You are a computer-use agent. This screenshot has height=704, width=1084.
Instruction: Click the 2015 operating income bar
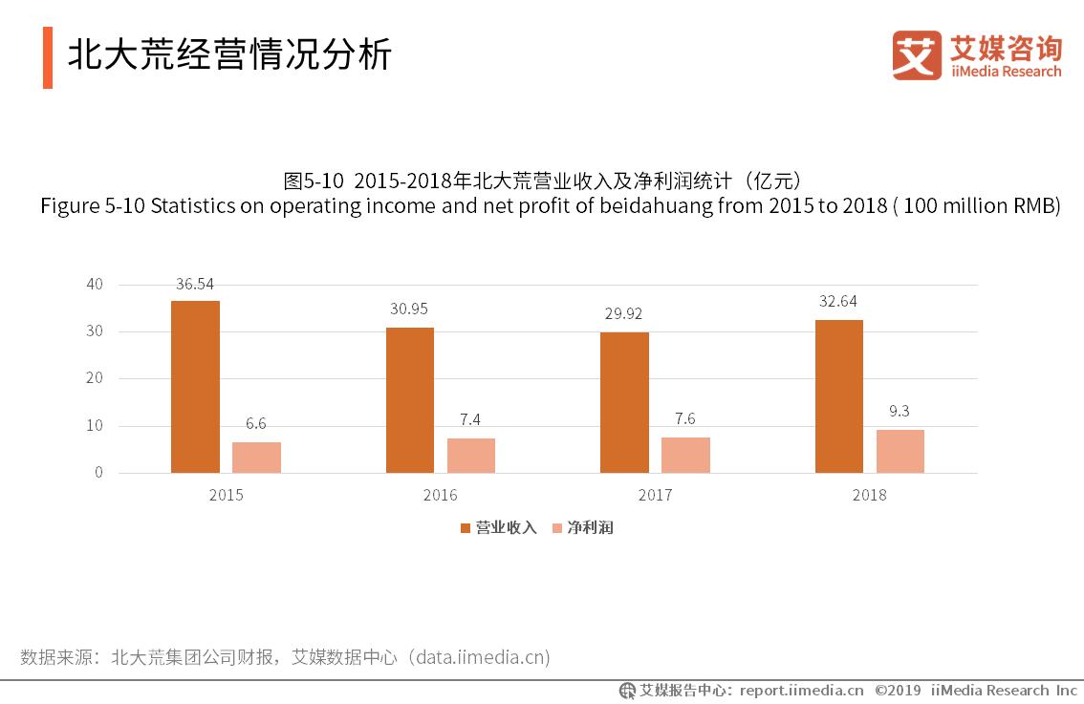pyautogui.click(x=195, y=387)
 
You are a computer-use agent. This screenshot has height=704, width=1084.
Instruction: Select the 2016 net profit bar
pyautogui.click(x=471, y=456)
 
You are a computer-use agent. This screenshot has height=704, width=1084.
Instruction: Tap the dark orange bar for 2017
pyautogui.click(x=624, y=402)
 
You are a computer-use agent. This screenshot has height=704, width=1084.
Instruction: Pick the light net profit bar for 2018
pyautogui.click(x=900, y=451)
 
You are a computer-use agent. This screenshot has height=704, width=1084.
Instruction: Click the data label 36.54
pyautogui.click(x=195, y=284)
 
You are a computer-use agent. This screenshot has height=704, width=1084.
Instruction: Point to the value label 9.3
pyautogui.click(x=900, y=413)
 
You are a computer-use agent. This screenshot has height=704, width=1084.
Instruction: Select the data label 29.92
pyautogui.click(x=624, y=315)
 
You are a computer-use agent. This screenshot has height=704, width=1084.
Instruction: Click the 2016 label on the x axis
pyautogui.click(x=440, y=495)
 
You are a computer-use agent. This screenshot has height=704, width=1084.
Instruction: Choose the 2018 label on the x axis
pyautogui.click(x=869, y=495)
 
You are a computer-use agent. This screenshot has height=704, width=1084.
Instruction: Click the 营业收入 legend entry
pyautogui.click(x=499, y=527)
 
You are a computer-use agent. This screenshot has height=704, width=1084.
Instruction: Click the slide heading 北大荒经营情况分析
pyautogui.click(x=229, y=55)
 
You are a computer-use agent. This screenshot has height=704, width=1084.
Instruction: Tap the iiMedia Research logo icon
pyautogui.click(x=916, y=55)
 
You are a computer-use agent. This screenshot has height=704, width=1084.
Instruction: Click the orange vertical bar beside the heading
pyautogui.click(x=48, y=57)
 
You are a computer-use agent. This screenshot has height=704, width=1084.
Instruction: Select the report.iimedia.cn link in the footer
pyautogui.click(x=801, y=691)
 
